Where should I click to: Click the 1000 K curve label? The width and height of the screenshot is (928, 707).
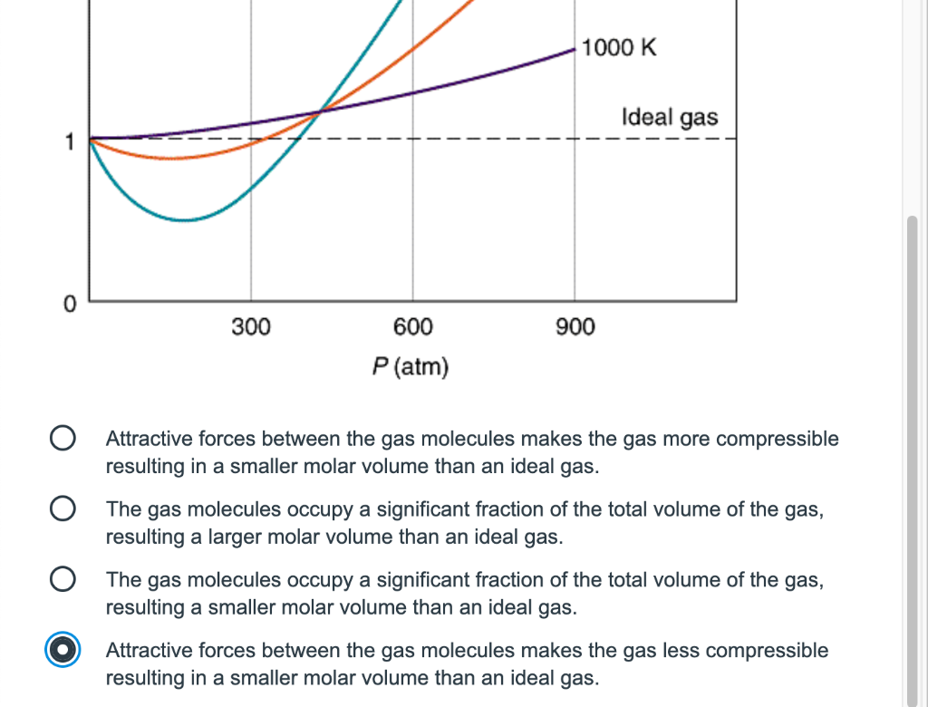pos(619,48)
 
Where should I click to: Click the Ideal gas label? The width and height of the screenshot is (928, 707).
pos(669,117)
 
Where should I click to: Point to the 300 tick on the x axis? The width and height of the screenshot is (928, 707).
pos(251,326)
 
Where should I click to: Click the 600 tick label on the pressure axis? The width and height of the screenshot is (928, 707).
pos(412,326)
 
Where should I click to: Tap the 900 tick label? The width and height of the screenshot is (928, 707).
pos(575,326)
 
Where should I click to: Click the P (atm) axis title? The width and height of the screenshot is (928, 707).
pos(411,367)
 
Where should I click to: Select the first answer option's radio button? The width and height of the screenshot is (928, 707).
pos(62,440)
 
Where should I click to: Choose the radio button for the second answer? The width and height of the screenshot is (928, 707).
pos(62,509)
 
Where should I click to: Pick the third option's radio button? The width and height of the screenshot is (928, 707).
pos(62,579)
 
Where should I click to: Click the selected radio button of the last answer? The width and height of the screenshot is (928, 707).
pos(62,650)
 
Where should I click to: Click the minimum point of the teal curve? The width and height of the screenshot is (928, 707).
pos(184,220)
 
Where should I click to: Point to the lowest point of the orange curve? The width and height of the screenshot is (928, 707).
pos(172,159)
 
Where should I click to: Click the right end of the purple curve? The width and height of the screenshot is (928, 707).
pos(575,52)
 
